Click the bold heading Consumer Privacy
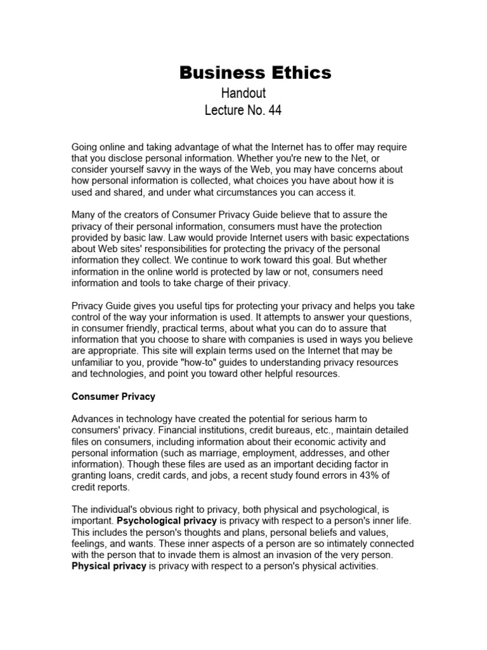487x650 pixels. pyautogui.click(x=114, y=397)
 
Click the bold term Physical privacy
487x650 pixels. pyautogui.click(x=109, y=566)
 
